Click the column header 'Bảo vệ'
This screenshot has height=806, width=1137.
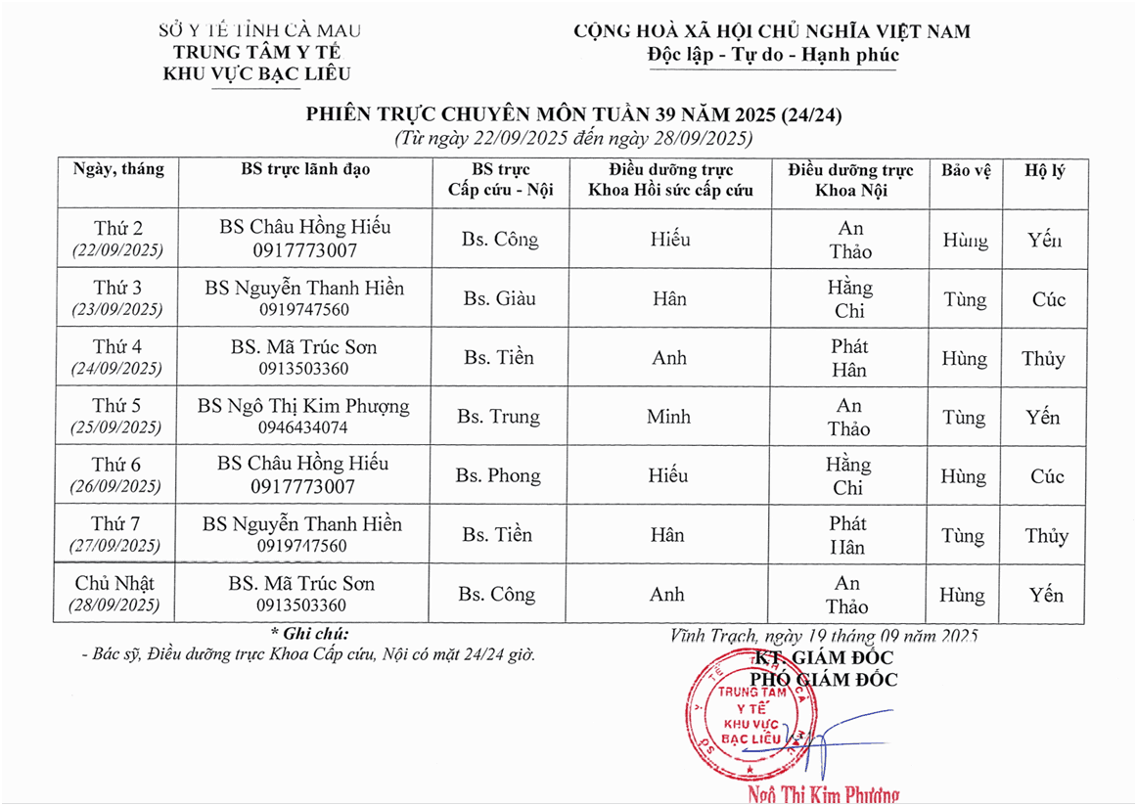[x=966, y=170]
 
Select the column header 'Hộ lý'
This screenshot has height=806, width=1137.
[x=1044, y=170]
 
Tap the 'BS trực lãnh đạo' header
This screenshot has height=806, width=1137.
[x=305, y=169]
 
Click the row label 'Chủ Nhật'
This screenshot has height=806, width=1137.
[x=114, y=583]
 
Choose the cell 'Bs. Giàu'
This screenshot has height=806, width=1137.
[x=499, y=298]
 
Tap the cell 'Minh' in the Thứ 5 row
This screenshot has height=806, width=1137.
[x=669, y=417]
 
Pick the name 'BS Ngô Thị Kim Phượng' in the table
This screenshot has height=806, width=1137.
[x=303, y=406]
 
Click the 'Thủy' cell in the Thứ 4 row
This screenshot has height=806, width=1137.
[x=1043, y=358]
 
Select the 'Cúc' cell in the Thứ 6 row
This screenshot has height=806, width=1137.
[x=1047, y=476]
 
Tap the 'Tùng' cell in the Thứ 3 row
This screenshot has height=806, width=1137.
[x=965, y=299]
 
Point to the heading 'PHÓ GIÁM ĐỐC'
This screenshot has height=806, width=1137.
[x=823, y=679]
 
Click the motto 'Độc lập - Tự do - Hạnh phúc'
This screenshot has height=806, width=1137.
[x=773, y=55]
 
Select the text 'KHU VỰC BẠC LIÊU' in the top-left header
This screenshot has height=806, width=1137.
[x=257, y=74]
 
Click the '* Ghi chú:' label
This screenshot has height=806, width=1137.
[x=309, y=634]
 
